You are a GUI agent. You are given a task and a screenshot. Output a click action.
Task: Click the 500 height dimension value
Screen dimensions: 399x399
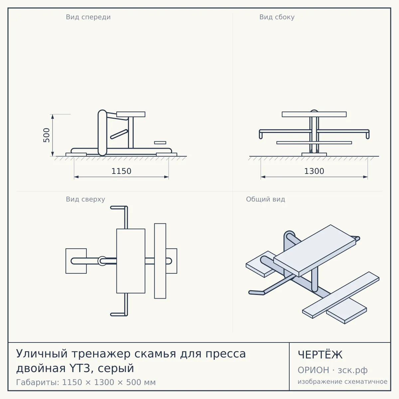point(47,135)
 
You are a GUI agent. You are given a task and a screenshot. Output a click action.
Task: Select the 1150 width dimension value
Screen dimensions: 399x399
point(121,171)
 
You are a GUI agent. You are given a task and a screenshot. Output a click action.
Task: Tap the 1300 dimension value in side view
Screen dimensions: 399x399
point(314,171)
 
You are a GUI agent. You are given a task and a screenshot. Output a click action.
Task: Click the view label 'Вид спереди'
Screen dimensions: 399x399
point(88,17)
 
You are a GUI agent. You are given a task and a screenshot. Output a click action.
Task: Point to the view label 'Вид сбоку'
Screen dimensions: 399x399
point(277,17)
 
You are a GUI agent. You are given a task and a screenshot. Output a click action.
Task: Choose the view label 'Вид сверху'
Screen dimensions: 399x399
point(85,199)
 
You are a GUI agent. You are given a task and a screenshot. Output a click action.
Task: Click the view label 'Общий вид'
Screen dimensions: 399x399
point(265,199)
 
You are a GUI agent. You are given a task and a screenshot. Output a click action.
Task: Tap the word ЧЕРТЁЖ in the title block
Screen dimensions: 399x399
point(320,355)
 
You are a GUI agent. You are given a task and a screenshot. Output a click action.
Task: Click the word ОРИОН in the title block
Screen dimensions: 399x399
point(313,370)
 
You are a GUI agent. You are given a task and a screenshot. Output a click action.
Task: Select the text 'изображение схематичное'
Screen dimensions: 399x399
point(342,381)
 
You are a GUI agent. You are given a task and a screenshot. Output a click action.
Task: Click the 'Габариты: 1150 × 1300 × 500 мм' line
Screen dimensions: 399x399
point(86,382)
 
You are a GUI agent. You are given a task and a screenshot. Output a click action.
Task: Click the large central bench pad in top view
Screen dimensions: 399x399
point(131,261)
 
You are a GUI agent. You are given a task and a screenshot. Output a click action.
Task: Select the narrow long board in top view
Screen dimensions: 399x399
point(160,261)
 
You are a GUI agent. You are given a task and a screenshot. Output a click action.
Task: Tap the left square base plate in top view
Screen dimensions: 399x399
point(76,261)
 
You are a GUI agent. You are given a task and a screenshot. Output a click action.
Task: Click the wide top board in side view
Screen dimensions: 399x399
point(314,114)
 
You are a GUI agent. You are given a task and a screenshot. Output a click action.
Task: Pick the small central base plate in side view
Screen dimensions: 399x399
point(314,155)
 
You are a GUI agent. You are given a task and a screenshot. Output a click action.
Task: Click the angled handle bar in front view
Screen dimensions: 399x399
point(119,134)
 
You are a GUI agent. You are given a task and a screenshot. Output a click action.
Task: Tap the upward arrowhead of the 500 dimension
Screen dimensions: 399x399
point(53,117)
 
